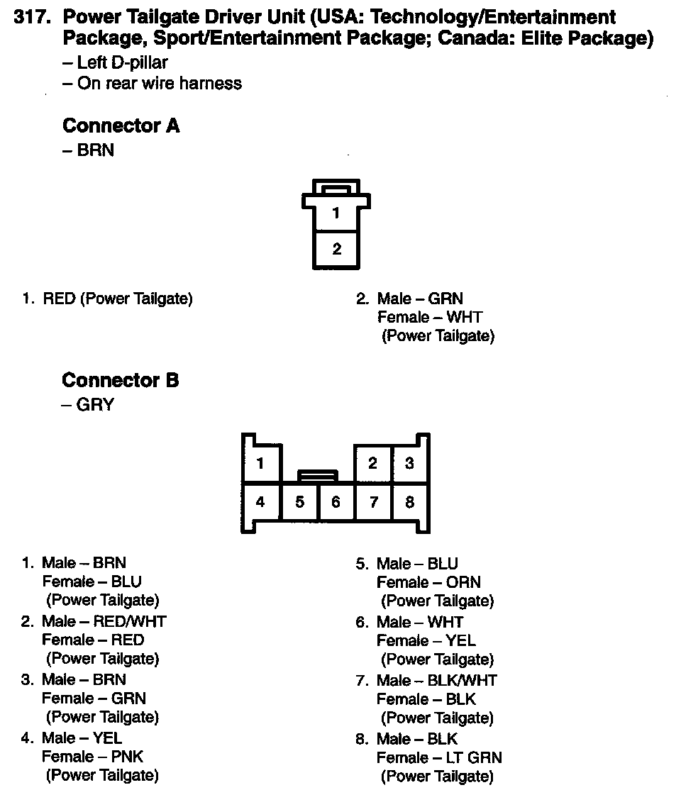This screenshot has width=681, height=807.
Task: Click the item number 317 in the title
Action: point(31,17)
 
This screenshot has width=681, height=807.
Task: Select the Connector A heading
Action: point(121,126)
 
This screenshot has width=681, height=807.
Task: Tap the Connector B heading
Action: point(121,381)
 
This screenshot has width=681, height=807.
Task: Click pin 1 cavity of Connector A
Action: point(336,213)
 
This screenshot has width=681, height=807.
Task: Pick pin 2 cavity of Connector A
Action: point(336,249)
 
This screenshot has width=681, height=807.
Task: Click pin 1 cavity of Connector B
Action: point(260,464)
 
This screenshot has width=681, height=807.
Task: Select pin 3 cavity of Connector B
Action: point(409,464)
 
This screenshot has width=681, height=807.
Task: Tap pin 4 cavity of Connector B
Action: point(260,502)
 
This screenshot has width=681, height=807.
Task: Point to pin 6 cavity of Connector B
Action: point(336,502)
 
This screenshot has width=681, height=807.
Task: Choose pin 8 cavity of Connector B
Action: point(409,502)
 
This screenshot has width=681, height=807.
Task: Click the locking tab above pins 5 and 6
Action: point(318,475)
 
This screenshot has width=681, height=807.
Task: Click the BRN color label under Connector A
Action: point(95,151)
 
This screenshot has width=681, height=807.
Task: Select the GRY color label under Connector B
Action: point(95,406)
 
